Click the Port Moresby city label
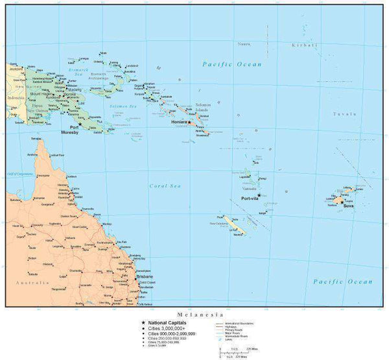tap(69, 130)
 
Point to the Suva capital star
tap(342, 201)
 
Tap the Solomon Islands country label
tap(204, 108)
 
